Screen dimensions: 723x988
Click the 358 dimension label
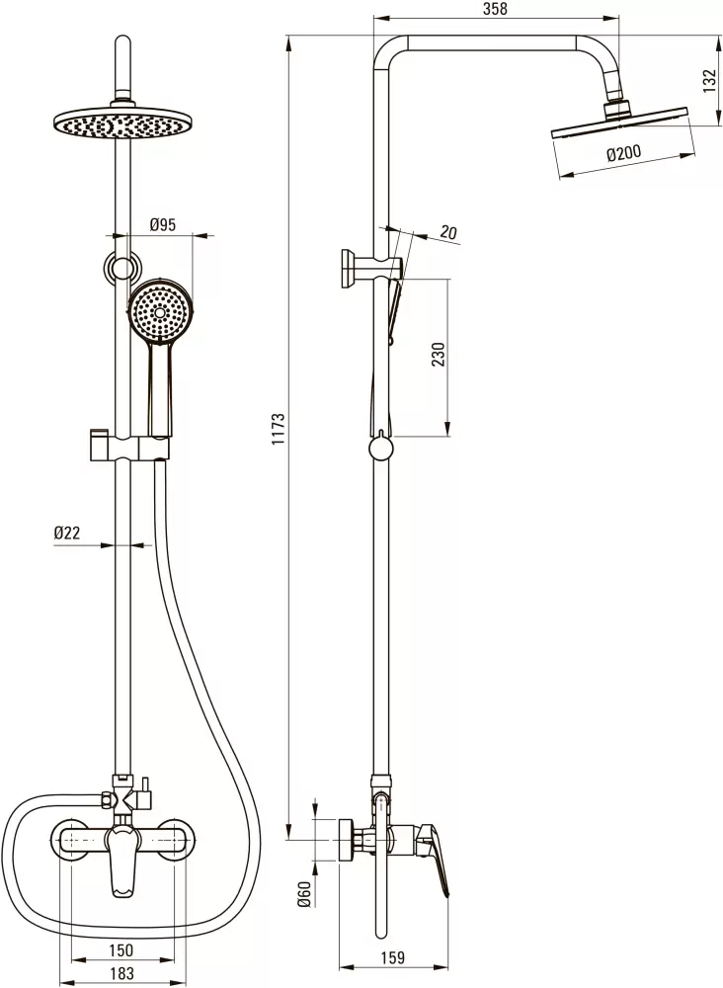[x=495, y=9]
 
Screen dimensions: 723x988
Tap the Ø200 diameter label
[x=624, y=153]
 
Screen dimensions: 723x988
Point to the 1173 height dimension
[x=279, y=429]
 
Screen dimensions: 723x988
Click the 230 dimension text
[x=439, y=354]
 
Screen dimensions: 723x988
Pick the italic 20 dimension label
[x=447, y=232]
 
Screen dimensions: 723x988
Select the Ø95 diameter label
[x=163, y=224]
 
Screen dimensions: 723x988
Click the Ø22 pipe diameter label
[x=67, y=533]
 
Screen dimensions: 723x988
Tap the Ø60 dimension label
[x=304, y=894]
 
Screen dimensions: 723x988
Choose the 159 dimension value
[x=393, y=957]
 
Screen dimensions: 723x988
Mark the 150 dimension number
[x=120, y=949]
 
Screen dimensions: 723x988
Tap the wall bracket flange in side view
[x=348, y=269]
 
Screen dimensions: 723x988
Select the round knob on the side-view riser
[x=380, y=449]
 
